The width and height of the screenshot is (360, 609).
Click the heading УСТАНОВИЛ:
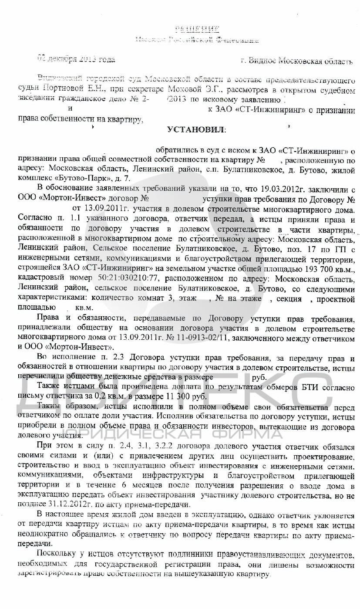coord(197,130)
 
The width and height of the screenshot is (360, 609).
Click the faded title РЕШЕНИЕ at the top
coord(196,30)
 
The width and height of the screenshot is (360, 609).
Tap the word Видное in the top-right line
coord(262,61)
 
